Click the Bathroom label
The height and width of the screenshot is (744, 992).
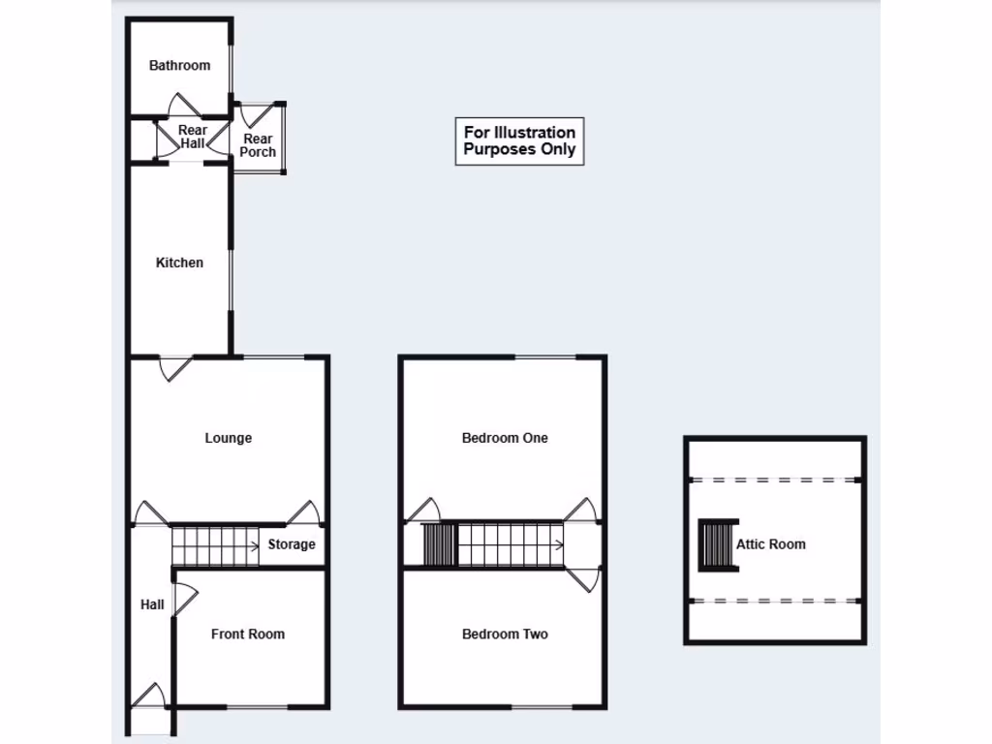point(179,66)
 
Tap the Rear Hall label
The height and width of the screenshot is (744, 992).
point(193,137)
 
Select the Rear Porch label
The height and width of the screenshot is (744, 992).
point(258,145)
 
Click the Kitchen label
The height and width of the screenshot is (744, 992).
point(179,263)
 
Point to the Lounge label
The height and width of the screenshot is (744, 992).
point(228,438)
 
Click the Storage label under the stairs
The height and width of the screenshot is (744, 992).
point(292,544)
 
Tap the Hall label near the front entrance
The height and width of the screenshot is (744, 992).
point(152,604)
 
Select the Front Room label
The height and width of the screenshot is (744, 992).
point(248,635)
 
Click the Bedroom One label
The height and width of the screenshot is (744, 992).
point(505,438)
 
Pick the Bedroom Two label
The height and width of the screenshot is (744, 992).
point(505,635)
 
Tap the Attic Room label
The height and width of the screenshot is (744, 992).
point(771,544)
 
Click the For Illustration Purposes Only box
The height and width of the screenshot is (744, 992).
point(519,141)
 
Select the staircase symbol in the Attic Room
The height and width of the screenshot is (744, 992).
point(715,544)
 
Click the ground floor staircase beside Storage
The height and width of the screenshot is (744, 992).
point(214,545)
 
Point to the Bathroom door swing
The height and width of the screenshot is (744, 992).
point(182,105)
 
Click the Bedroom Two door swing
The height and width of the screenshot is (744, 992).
point(584,579)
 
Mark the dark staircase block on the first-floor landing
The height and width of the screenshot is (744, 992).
point(439,544)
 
